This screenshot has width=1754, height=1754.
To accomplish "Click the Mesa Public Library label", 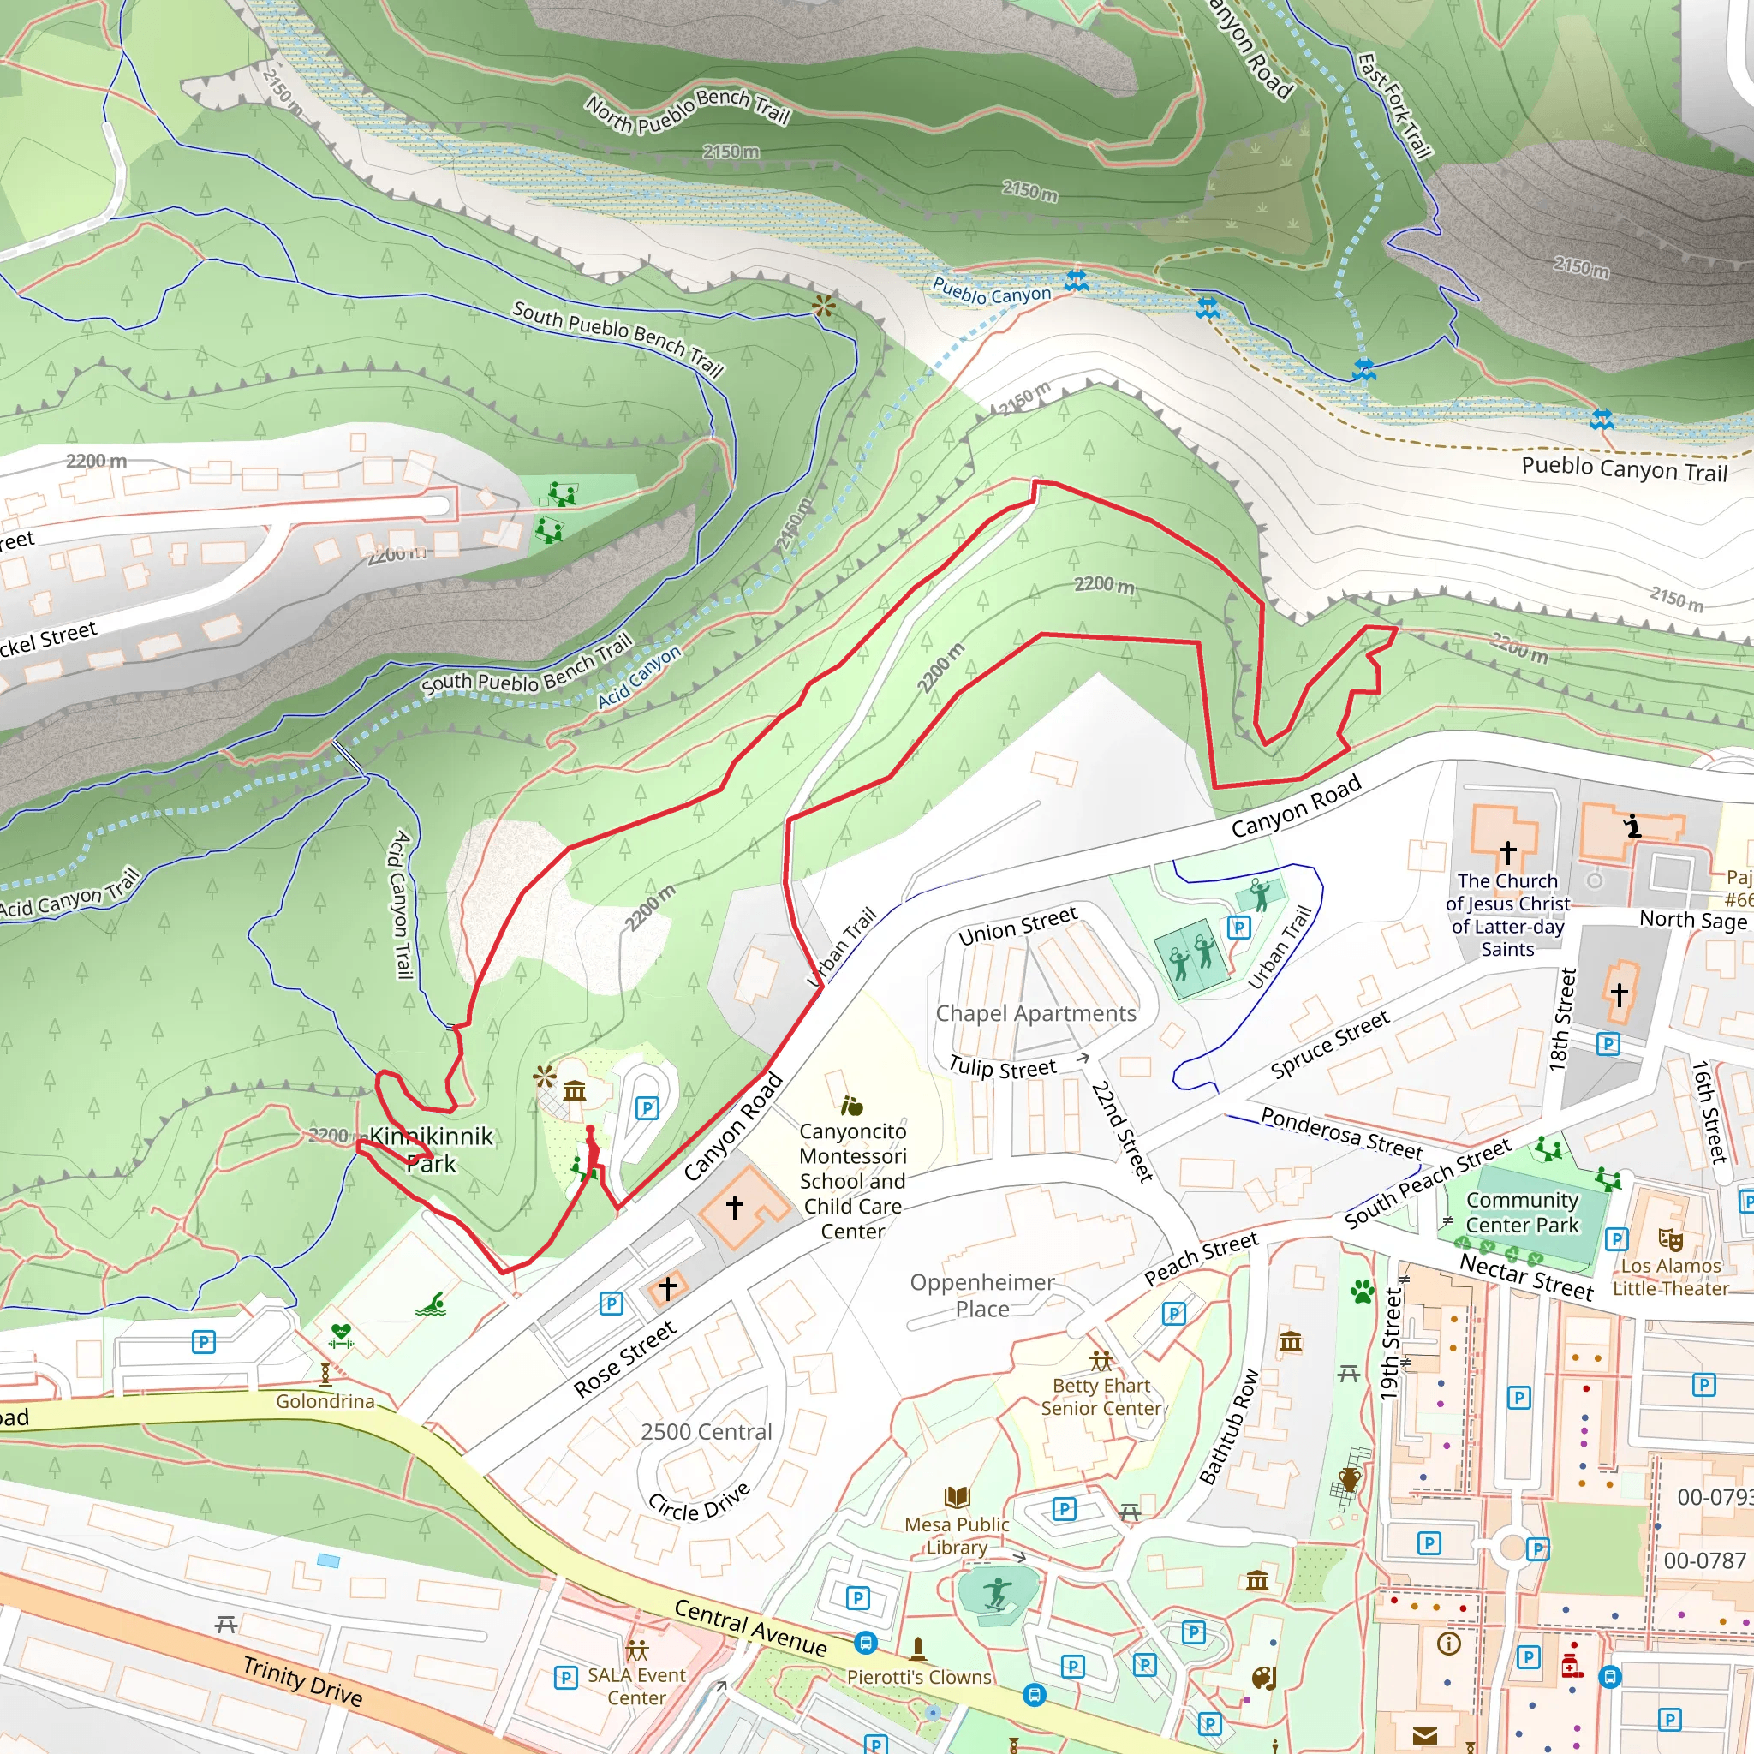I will click(x=957, y=1536).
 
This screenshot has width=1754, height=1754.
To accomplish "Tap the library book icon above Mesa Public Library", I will click(x=957, y=1496).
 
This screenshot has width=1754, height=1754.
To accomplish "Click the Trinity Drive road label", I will click(x=302, y=1680).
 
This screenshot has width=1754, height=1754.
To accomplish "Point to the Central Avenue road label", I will click(x=750, y=1628).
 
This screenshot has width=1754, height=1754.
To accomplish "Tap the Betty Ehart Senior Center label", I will click(x=1101, y=1396).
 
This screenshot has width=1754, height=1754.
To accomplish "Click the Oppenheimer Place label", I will click(x=982, y=1295).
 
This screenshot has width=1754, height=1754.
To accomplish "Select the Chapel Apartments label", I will click(x=1036, y=1013).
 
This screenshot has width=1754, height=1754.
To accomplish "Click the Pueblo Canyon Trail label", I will click(x=1624, y=469).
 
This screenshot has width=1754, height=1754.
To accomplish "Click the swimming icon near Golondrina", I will click(x=430, y=1305).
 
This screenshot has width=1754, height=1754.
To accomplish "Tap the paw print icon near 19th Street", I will click(x=1363, y=1290).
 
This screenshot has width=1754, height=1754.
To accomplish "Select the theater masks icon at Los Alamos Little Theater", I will click(x=1670, y=1239).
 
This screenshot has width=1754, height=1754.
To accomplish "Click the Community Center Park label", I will click(x=1523, y=1212).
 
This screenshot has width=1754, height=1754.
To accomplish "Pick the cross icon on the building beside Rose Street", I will click(x=667, y=1287).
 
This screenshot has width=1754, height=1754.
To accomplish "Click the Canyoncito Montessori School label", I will click(x=852, y=1180).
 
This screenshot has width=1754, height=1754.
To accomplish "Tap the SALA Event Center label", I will click(x=636, y=1685).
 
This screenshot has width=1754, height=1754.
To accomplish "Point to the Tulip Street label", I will click(x=1002, y=1068).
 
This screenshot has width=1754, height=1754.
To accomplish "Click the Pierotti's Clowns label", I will click(x=919, y=1677).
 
